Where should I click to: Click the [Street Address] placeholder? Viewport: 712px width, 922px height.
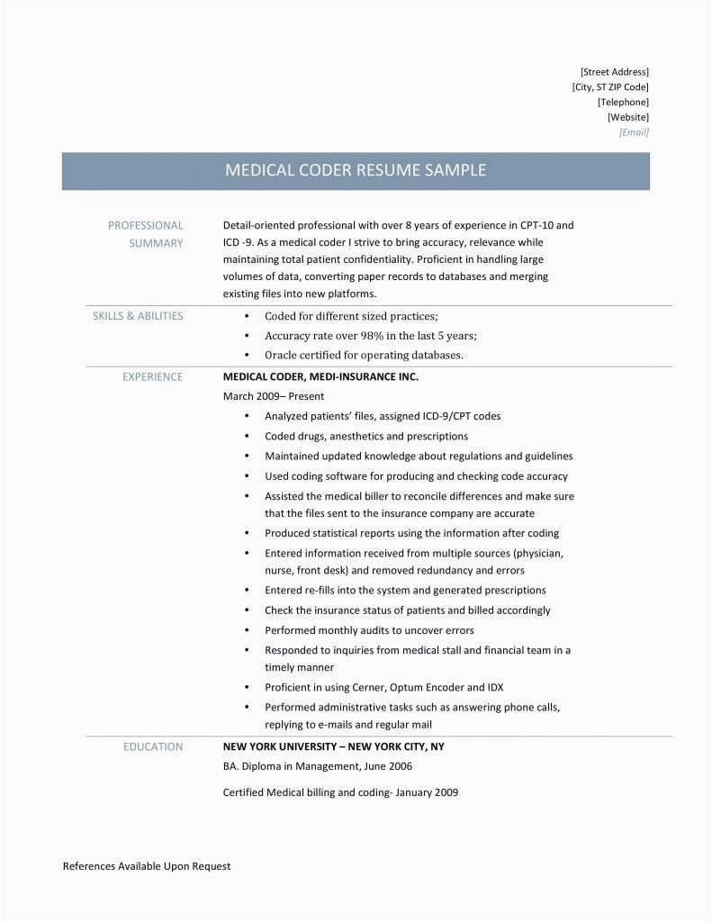coord(615,71)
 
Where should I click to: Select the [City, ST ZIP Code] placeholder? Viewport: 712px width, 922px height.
coord(609,86)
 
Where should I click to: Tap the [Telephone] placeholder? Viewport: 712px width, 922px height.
coord(623,102)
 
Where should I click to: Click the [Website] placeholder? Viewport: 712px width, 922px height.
coord(627,117)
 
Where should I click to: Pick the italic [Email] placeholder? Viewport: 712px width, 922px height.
coord(634,132)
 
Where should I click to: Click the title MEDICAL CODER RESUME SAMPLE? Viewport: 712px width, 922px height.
coord(356,170)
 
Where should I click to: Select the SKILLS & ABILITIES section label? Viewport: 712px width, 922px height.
coord(138,316)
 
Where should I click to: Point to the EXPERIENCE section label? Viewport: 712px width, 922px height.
coord(152,377)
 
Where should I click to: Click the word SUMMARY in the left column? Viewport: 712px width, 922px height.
coord(157,243)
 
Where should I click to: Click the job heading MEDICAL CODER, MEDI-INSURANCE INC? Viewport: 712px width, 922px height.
coord(320,377)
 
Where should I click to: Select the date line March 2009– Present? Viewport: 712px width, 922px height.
coord(273,396)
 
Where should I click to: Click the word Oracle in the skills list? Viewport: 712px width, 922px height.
coord(280,355)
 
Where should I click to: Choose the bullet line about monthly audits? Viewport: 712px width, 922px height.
coord(369,630)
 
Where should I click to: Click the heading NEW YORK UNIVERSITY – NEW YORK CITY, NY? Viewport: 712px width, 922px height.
coord(333,746)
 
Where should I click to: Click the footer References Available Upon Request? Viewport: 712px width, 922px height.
coord(147,866)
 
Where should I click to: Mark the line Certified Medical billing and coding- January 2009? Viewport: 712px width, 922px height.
coord(340,793)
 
